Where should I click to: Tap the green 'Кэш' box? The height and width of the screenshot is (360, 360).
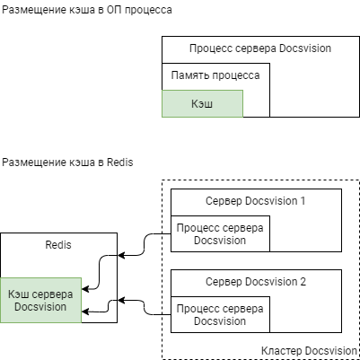pyautogui.click(x=202, y=104)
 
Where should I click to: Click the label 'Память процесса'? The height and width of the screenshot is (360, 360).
pyautogui.click(x=215, y=75)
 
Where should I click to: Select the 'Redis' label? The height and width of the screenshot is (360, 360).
pyautogui.click(x=58, y=244)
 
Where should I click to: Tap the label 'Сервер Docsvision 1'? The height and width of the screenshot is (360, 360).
pyautogui.click(x=256, y=200)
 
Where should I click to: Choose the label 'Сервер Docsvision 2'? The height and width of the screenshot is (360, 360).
pyautogui.click(x=256, y=281)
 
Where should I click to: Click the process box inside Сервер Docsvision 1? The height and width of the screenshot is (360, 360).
pyautogui.click(x=219, y=234)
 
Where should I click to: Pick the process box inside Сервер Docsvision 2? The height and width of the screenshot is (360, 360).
pyautogui.click(x=219, y=314)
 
